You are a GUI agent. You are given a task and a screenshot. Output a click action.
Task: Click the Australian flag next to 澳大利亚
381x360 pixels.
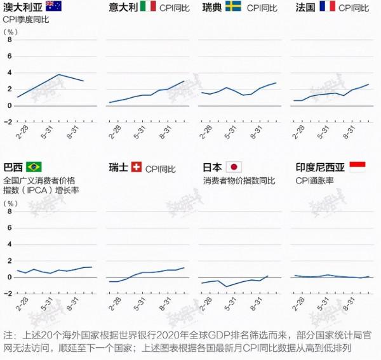click(x=53, y=7)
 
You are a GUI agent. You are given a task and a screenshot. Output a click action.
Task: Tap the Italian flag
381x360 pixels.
click(x=147, y=7)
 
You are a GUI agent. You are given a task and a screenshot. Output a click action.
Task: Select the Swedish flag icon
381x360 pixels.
click(x=232, y=7)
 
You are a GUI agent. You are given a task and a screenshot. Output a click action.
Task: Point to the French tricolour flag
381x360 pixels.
click(x=327, y=7)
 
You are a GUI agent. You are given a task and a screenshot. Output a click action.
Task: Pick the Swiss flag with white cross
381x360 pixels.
click(x=136, y=168)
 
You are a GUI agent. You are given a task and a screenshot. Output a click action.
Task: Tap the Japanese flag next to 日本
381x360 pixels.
click(x=234, y=168)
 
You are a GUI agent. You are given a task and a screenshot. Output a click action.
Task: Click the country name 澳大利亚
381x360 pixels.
click(x=23, y=8)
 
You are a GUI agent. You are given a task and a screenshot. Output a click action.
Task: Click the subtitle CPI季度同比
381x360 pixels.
click(x=26, y=20)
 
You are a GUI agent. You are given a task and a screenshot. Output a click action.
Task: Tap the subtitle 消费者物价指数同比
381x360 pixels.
click(x=239, y=181)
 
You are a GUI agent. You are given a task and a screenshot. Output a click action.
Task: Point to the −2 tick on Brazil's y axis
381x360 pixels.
click(x=8, y=293)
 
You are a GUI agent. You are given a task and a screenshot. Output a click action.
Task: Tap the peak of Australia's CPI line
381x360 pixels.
click(x=58, y=74)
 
